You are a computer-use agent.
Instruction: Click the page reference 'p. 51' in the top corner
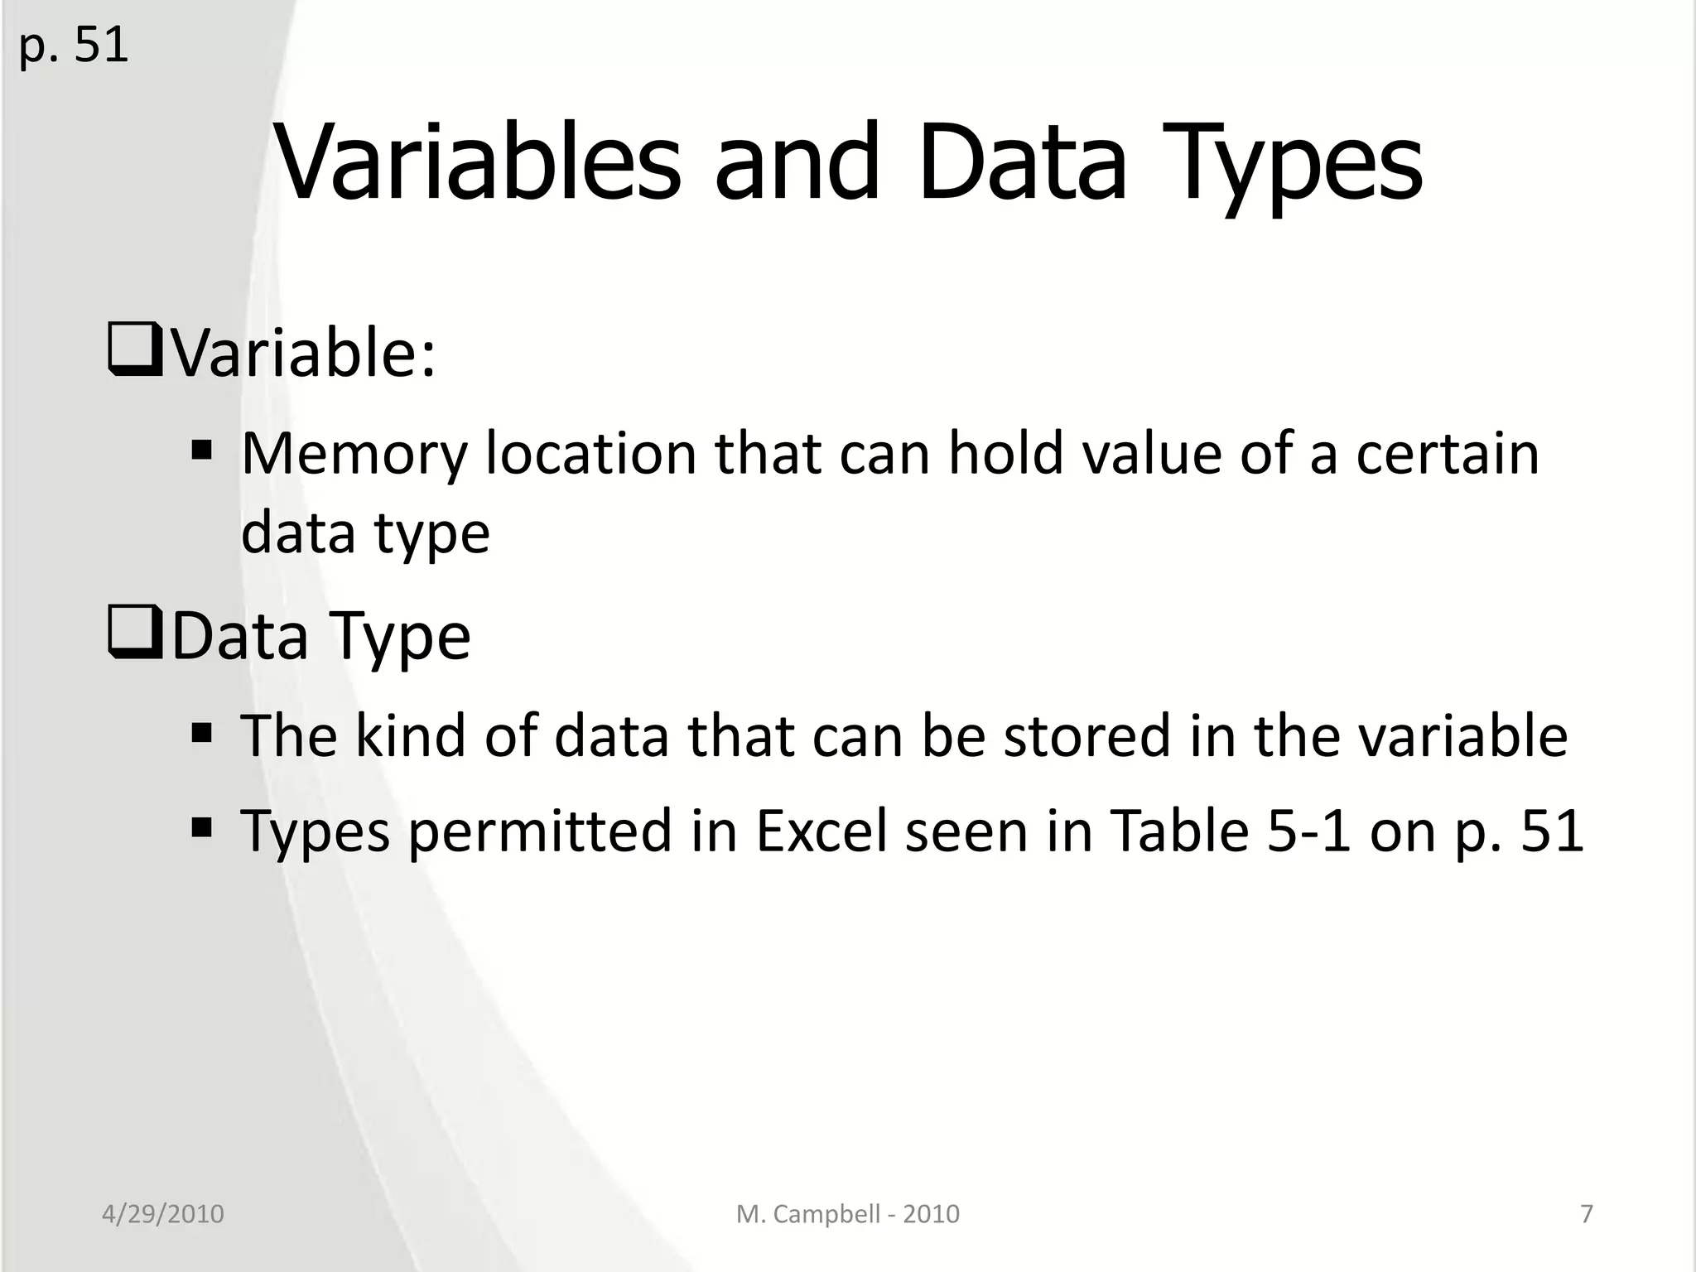point(73,46)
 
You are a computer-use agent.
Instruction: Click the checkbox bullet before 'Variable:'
point(134,354)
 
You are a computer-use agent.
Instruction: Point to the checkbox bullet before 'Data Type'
point(134,636)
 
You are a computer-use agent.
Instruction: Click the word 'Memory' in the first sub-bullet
point(354,455)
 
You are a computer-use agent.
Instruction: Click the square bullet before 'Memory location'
point(201,451)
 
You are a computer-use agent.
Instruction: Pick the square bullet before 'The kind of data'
point(201,734)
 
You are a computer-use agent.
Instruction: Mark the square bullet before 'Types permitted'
point(201,828)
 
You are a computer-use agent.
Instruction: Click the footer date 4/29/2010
point(163,1214)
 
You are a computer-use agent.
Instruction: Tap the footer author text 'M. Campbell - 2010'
point(847,1214)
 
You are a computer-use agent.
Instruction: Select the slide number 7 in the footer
point(1586,1214)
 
